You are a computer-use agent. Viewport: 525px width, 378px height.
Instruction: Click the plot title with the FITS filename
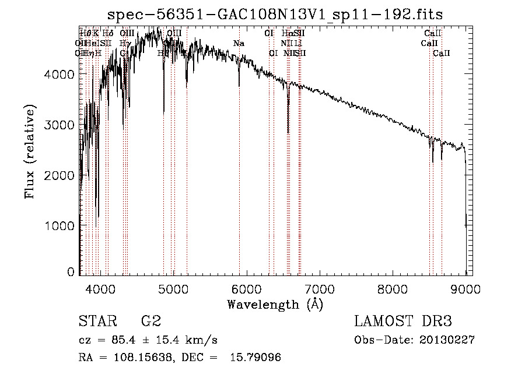pyautogui.click(x=279, y=15)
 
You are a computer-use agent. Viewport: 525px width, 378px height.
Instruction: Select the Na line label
pyautogui.click(x=239, y=44)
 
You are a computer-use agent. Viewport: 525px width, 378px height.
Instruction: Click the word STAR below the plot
pyautogui.click(x=96, y=322)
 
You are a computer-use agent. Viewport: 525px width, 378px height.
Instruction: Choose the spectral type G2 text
pyautogui.click(x=150, y=322)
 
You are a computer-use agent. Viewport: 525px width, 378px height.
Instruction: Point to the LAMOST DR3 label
pyautogui.click(x=402, y=322)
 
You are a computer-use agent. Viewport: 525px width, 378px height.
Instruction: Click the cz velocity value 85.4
pyautogui.click(x=125, y=340)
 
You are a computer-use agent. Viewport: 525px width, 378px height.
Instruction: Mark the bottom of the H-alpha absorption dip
pyautogui.click(x=288, y=133)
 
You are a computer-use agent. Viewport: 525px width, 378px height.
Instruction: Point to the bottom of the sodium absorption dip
pyautogui.click(x=239, y=86)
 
